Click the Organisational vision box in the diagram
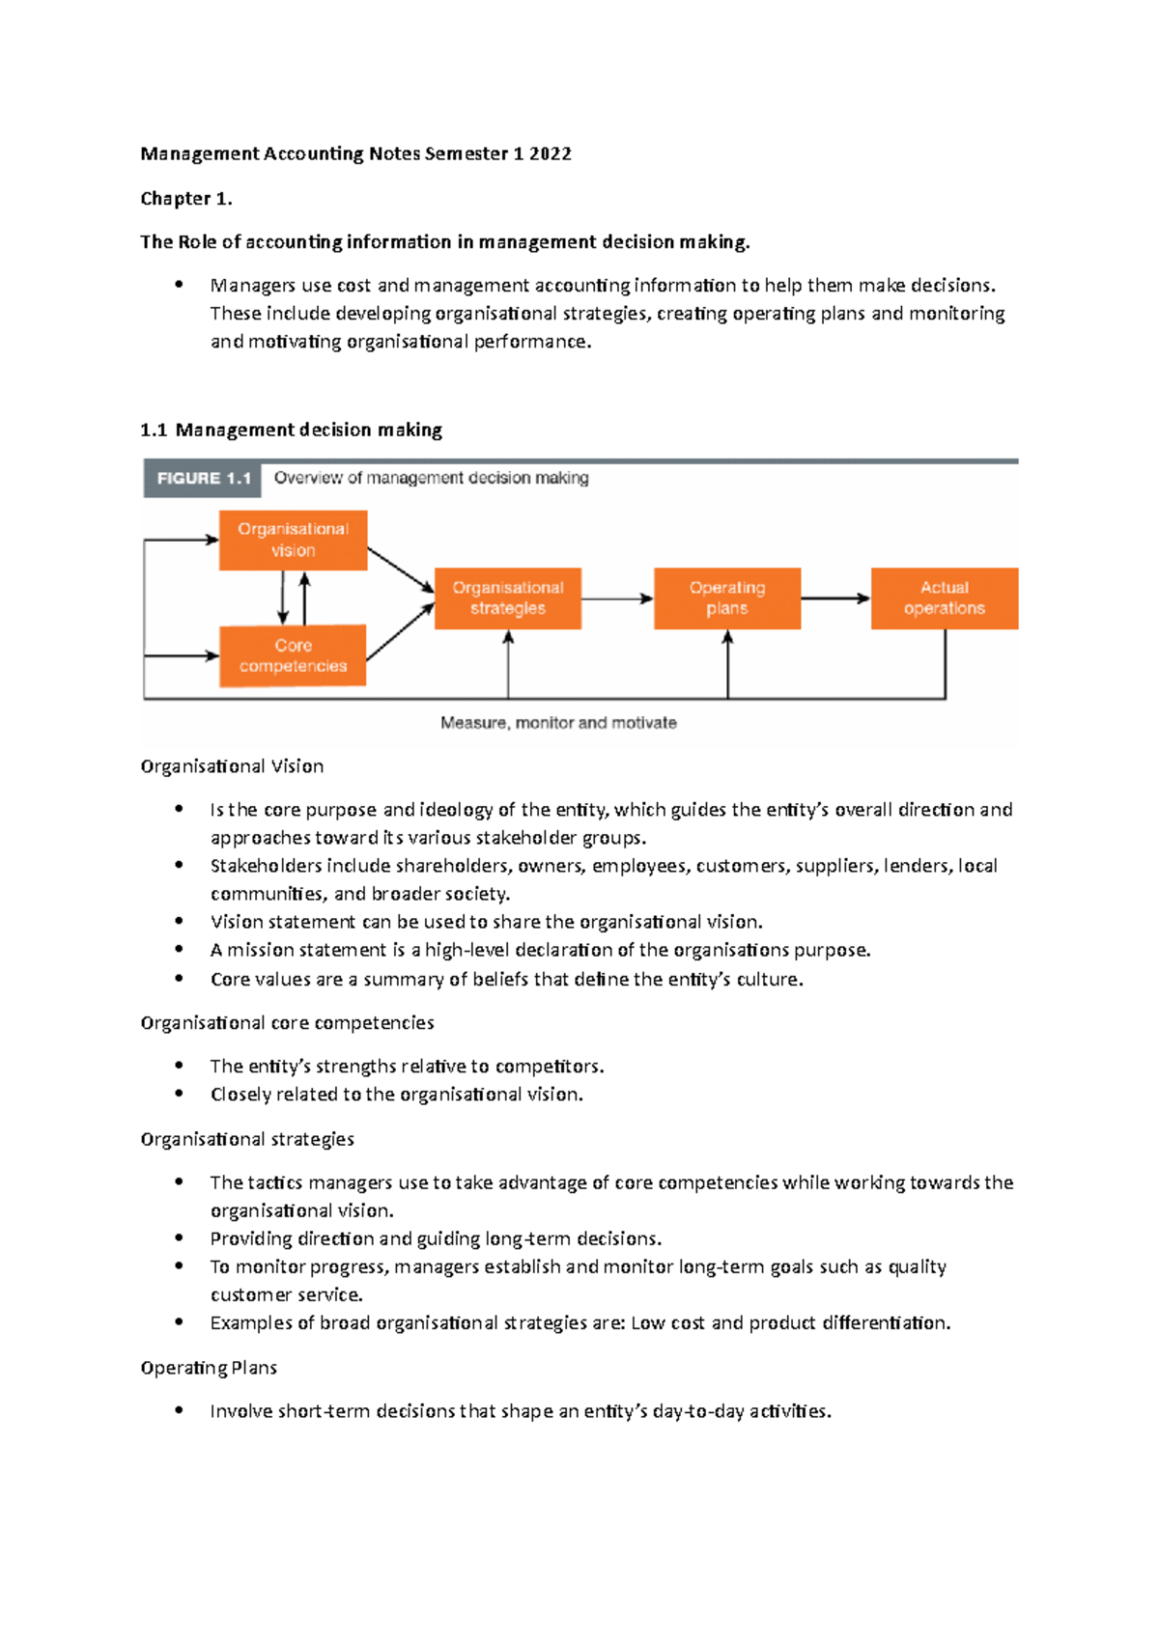(x=293, y=540)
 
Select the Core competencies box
(x=293, y=655)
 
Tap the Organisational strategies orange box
(x=508, y=598)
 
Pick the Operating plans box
(x=727, y=598)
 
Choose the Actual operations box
(x=945, y=598)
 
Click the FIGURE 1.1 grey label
(x=203, y=479)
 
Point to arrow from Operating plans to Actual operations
(x=835, y=598)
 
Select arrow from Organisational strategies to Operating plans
(x=617, y=598)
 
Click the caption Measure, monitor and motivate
(x=558, y=723)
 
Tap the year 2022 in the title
(x=550, y=153)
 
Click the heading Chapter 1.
(x=185, y=199)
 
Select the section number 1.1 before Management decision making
(x=154, y=431)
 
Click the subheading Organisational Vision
(x=232, y=766)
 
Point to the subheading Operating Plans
(x=209, y=1368)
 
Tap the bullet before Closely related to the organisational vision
(x=179, y=1094)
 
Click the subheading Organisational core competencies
(x=287, y=1023)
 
